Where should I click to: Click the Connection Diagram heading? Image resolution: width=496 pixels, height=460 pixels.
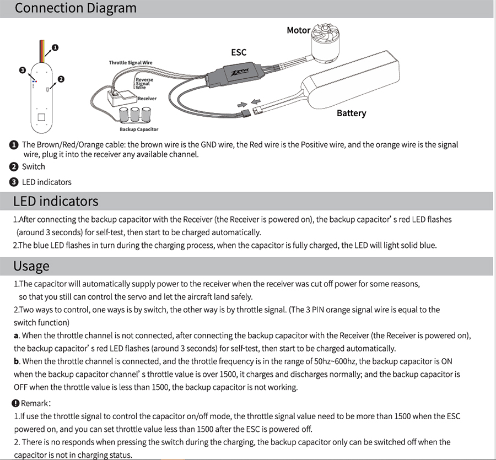[76, 9]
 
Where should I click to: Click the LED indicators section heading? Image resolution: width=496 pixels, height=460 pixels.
[56, 201]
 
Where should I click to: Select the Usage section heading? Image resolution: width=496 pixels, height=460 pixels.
[31, 266]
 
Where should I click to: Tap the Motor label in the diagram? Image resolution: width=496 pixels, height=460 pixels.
[298, 30]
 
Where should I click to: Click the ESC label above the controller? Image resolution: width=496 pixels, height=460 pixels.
[238, 52]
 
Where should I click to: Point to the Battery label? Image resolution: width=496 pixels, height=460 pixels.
[351, 113]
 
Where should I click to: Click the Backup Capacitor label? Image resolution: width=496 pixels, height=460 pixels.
[139, 129]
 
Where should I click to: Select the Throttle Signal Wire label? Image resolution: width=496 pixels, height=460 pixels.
[131, 63]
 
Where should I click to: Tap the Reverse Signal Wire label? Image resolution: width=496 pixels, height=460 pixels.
[144, 83]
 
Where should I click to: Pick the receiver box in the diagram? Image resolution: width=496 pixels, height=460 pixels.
[121, 98]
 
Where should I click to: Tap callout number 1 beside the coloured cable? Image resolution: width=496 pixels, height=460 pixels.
[55, 48]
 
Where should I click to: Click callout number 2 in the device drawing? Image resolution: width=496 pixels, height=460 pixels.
[61, 79]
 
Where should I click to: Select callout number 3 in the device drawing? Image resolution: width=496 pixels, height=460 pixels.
[22, 71]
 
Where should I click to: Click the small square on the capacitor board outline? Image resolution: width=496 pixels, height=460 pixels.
[41, 117]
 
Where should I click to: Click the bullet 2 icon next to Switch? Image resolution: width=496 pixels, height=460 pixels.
[14, 167]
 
